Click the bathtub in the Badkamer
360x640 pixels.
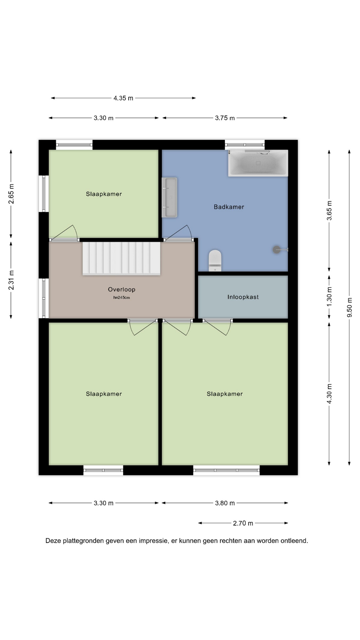tap(258, 163)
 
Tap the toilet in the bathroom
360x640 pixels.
tap(215, 260)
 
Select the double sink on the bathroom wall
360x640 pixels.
tap(169, 197)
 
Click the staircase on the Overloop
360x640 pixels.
tap(121, 258)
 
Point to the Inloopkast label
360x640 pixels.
tap(243, 297)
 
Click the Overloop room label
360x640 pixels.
tap(122, 289)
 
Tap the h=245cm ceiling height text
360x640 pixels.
tap(122, 298)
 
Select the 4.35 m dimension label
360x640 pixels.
tap(123, 98)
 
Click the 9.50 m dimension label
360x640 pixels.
tap(349, 307)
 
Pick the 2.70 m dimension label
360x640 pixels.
tap(243, 523)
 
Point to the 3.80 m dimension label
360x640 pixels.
tap(225, 503)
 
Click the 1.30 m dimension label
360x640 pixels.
tap(329, 297)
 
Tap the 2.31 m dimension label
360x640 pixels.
tap(11, 280)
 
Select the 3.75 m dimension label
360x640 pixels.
tap(225, 118)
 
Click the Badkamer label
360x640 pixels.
tap(229, 207)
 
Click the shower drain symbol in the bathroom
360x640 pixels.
tap(277, 249)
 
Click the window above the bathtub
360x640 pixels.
tap(245, 145)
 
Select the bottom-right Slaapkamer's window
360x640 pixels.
tap(227, 470)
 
